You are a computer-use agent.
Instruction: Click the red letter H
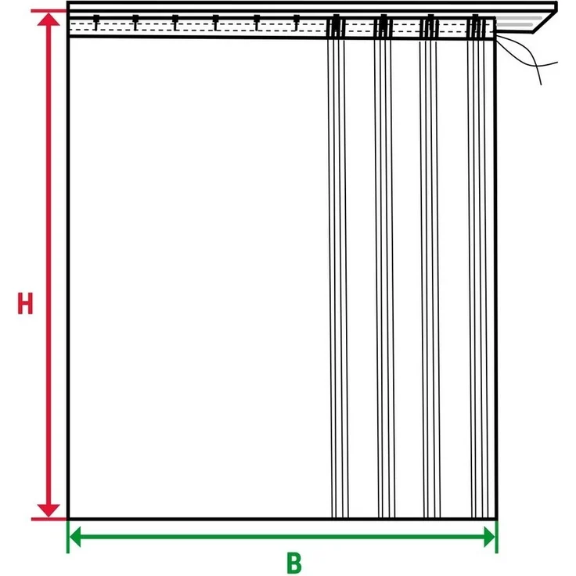coord(25,304)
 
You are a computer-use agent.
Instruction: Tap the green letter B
coord(294,563)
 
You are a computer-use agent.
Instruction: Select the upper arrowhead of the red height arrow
coord(49,19)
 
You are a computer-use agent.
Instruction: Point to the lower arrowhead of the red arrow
coord(49,510)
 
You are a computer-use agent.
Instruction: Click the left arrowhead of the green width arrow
coord(75,537)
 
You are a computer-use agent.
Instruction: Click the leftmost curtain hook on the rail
coord(96,23)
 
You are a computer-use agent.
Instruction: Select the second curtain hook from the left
coord(136,23)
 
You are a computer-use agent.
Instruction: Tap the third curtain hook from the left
coord(175,23)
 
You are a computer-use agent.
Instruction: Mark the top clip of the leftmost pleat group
coord(336,27)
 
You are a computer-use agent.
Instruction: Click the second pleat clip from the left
coord(383,27)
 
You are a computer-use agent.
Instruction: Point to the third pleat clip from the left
coord(430,27)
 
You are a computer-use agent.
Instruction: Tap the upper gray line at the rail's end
coord(519,18)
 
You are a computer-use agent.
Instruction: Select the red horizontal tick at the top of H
coord(49,11)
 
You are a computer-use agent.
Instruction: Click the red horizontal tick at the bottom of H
coord(49,519)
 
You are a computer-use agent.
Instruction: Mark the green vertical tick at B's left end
coord(68,536)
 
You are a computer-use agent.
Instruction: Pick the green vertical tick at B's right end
coord(497,536)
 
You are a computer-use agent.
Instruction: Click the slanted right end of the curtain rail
coord(545,22)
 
